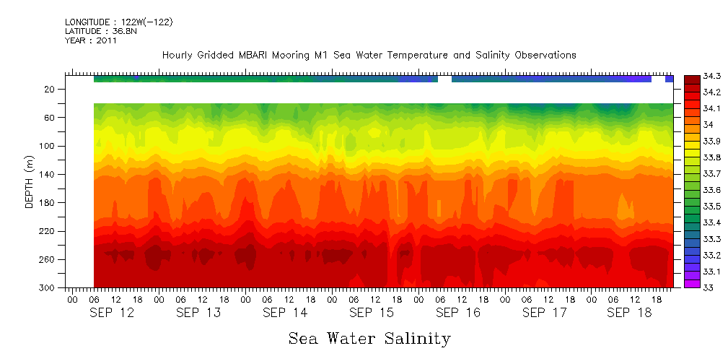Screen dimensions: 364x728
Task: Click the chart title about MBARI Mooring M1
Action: tap(369, 55)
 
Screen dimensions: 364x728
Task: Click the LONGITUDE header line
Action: tap(118, 22)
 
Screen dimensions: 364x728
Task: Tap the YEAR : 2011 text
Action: tap(91, 40)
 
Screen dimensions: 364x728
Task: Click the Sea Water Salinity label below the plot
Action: tap(369, 338)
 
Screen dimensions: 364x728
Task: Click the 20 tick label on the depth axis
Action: tap(50, 89)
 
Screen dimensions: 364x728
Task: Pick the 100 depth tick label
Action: tap(48, 146)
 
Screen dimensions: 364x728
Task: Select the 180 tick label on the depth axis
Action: tap(48, 203)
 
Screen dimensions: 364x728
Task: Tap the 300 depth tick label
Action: tap(48, 288)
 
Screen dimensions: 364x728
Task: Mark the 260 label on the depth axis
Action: tap(48, 259)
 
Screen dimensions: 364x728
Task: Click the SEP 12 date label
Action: tap(112, 313)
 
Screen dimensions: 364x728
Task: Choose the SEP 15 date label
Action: tap(371, 313)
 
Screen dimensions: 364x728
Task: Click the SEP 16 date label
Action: tap(457, 313)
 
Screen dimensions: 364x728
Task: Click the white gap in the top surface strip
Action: tap(444, 79)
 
